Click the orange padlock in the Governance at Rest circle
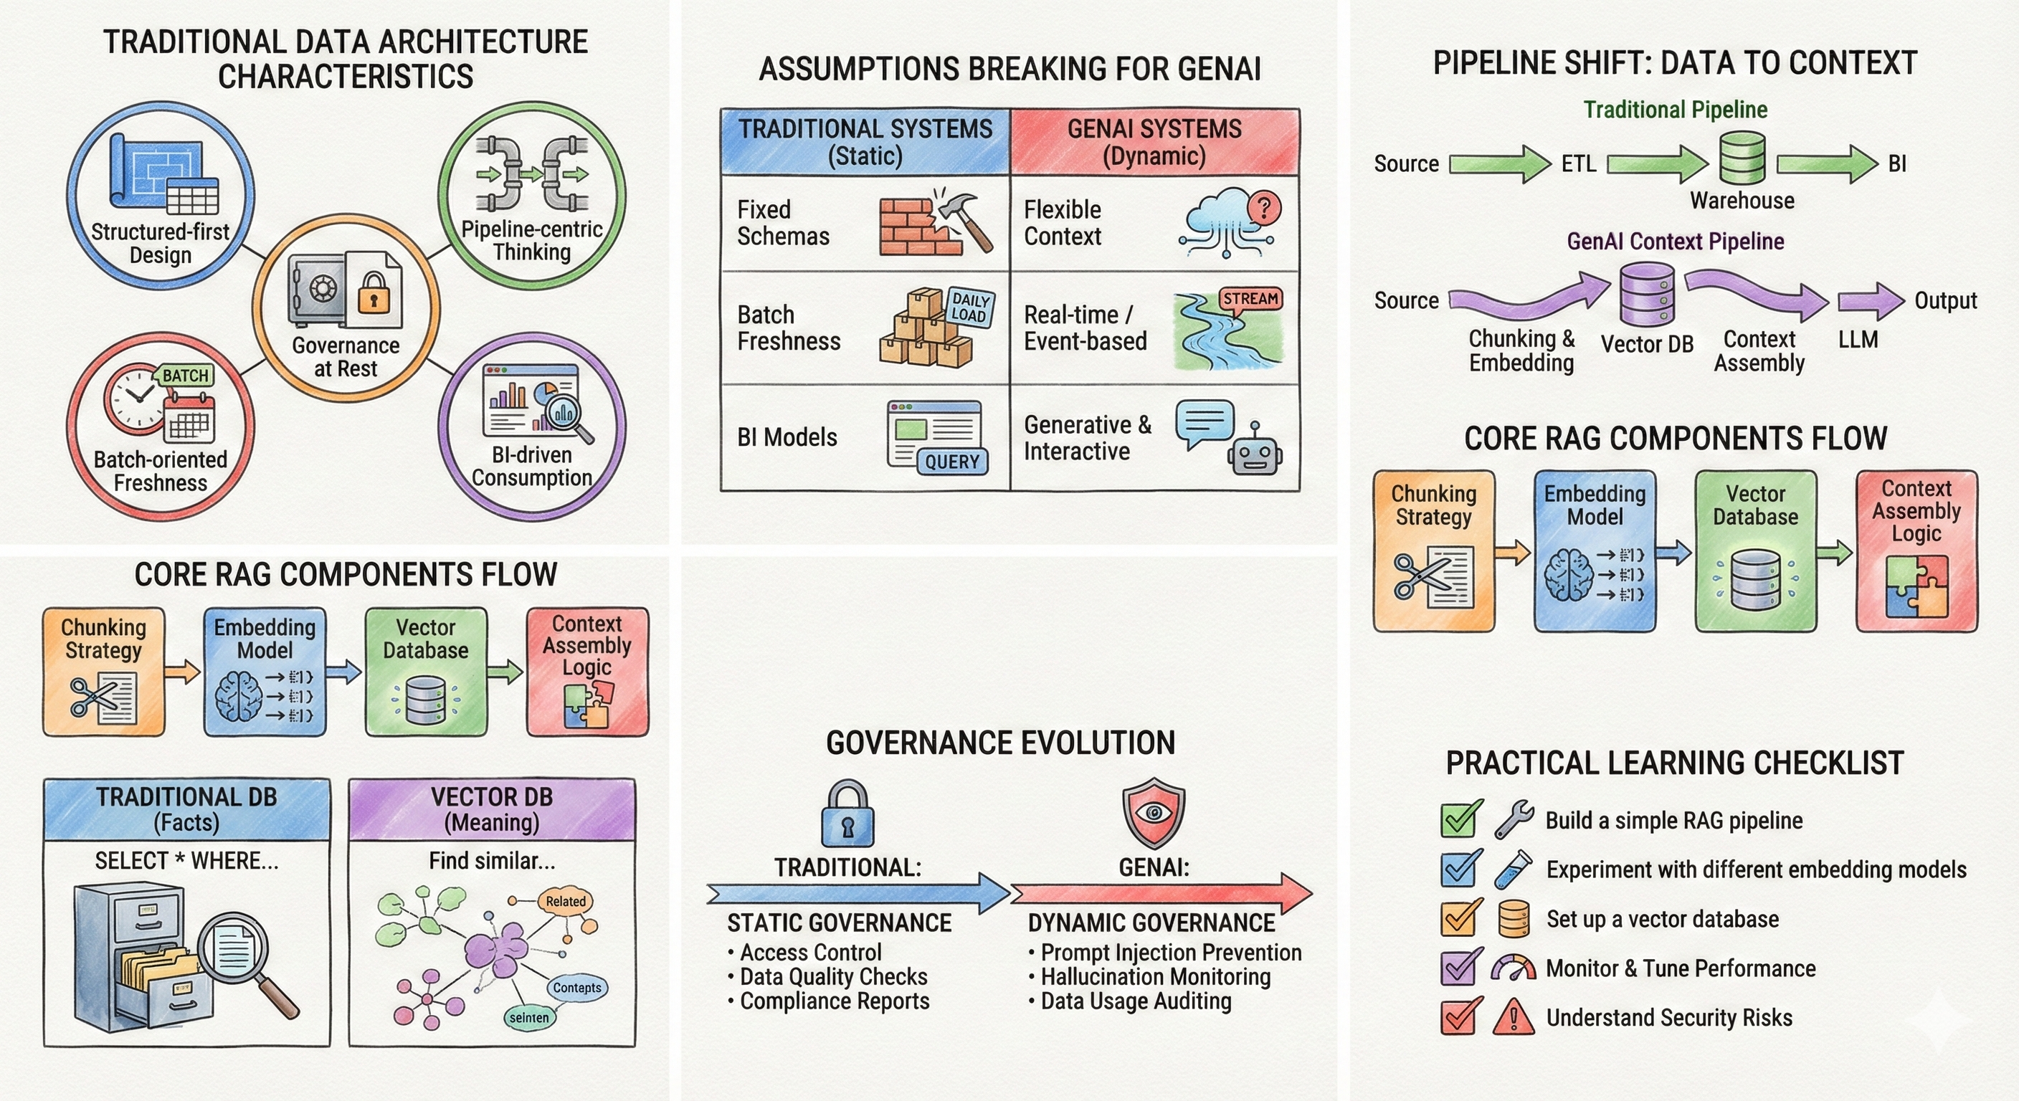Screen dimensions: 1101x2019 coord(373,293)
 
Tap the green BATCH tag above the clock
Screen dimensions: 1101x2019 coord(185,376)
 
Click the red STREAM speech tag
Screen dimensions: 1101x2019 coord(1250,300)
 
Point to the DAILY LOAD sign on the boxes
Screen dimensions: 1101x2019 coord(969,308)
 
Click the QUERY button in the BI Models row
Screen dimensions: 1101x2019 coord(951,462)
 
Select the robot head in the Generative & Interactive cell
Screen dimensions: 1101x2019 coord(1254,454)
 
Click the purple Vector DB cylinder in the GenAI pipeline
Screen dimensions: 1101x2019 coord(1647,294)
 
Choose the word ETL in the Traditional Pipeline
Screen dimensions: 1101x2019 coord(1578,163)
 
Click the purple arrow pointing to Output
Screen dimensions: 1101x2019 coord(1869,301)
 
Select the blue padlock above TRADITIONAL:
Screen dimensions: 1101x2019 coord(847,814)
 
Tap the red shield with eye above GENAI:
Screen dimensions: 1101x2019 coord(1154,813)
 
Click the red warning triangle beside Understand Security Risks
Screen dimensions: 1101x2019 coord(1513,1017)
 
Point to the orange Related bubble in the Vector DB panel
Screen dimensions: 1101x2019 coord(565,901)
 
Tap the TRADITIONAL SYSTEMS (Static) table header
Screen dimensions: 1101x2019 coord(865,142)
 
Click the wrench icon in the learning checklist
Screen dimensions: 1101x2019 coord(1513,820)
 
